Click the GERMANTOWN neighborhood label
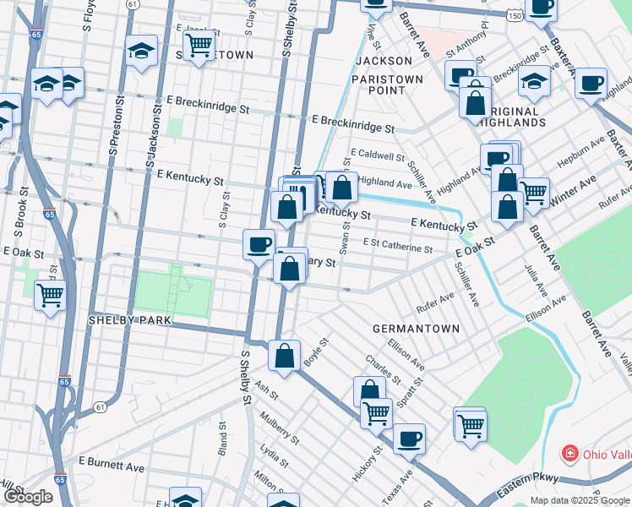pos(417,328)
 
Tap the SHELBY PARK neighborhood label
pos(130,321)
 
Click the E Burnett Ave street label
pos(112,463)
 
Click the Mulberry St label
pos(281,427)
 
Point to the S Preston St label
pos(113,128)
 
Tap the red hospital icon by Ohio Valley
pos(571,454)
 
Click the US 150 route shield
pos(513,14)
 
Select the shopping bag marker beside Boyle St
pos(285,355)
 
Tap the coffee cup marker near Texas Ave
pos(410,439)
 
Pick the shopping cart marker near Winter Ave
pos(533,192)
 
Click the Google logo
pos(27,497)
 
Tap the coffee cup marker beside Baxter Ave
pos(591,83)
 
